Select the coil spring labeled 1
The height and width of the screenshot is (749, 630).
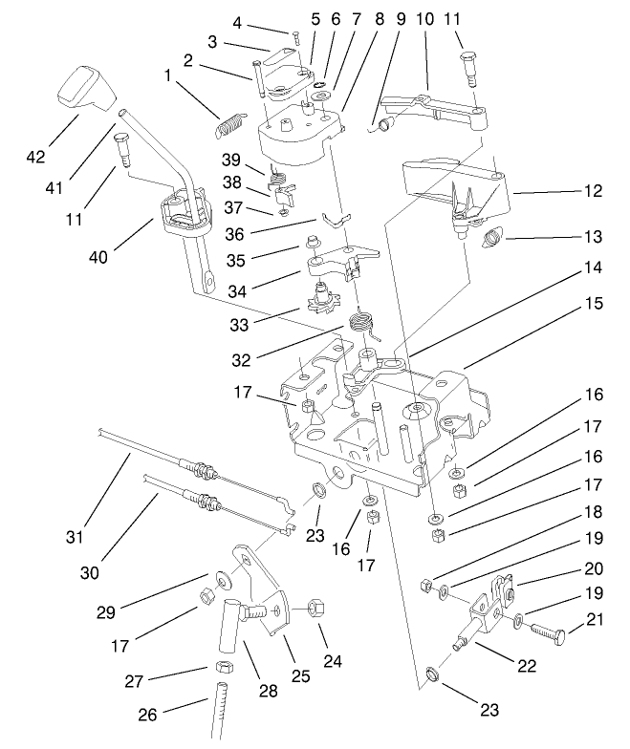click(230, 125)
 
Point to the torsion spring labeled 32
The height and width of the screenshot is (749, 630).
click(360, 322)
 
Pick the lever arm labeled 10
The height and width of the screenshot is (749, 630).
click(430, 106)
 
